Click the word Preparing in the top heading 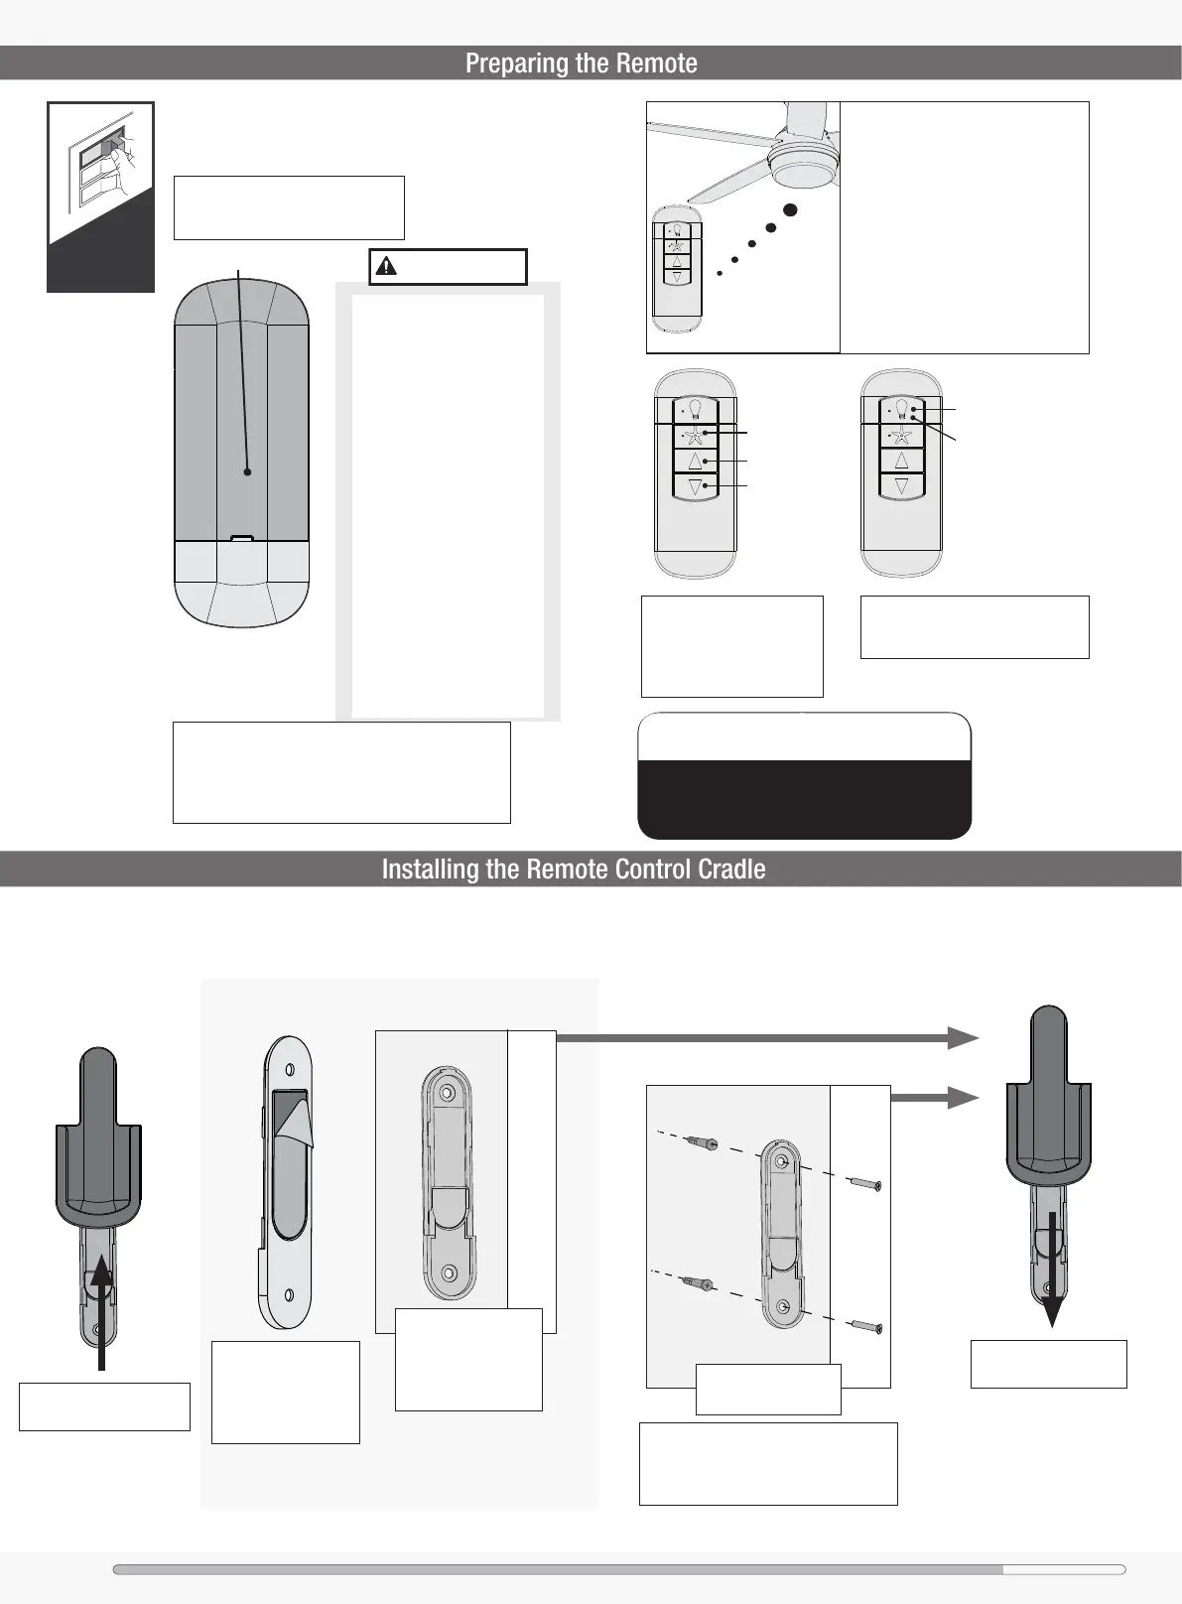coord(504,64)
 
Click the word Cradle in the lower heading coord(732,869)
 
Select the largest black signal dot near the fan coord(791,209)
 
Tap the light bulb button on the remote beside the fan coord(678,230)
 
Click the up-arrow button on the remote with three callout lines coord(695,461)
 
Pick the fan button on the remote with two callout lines coord(901,435)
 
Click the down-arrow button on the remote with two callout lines coord(901,485)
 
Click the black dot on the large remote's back coord(247,472)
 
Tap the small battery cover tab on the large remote coord(241,539)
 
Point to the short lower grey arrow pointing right coord(934,1097)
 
